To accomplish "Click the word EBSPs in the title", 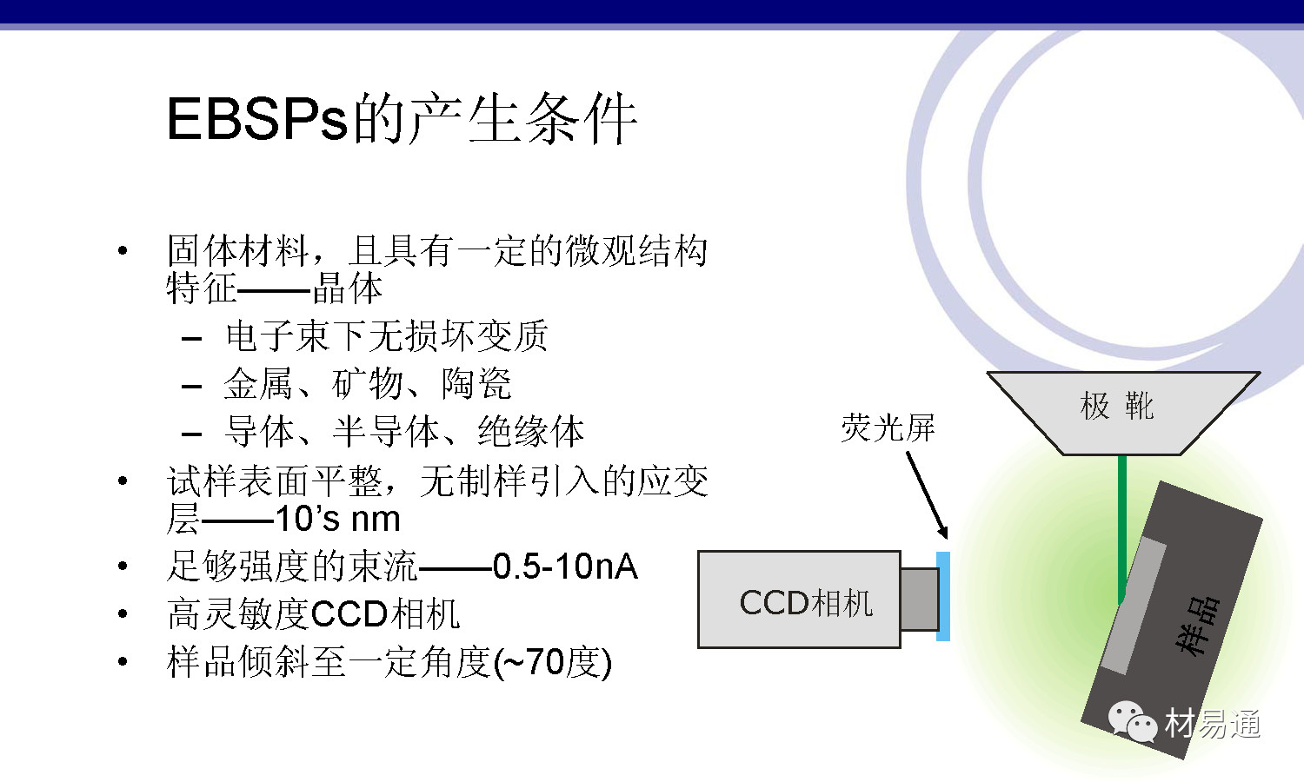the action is coord(256,119).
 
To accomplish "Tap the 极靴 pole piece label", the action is coord(1116,406).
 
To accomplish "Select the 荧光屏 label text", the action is coord(888,428).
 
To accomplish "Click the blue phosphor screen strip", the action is coord(943,596).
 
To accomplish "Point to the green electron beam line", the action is coord(1121,530).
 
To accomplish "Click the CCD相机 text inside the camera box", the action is coord(806,603).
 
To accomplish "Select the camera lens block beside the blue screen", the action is coord(919,600).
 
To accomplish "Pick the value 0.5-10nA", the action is coord(565,567).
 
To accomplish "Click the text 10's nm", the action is coord(337,519).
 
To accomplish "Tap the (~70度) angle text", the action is coord(552,662).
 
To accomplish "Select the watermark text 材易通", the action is coord(1213,724).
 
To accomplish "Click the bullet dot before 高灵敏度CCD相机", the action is coord(123,613).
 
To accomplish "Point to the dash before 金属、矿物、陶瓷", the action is coord(191,386).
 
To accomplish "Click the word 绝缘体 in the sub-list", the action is coord(530,432).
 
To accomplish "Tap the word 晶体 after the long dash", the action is coord(348,288).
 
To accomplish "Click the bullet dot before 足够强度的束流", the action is coord(123,566).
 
